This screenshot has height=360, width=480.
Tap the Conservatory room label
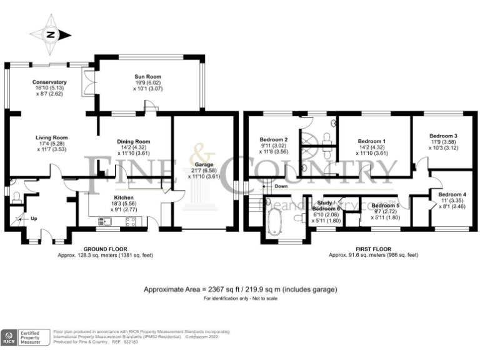(x=49, y=82)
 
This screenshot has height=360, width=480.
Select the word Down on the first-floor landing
(x=281, y=186)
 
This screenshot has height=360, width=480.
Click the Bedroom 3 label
(x=442, y=136)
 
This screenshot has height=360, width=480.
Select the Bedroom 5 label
(x=384, y=205)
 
